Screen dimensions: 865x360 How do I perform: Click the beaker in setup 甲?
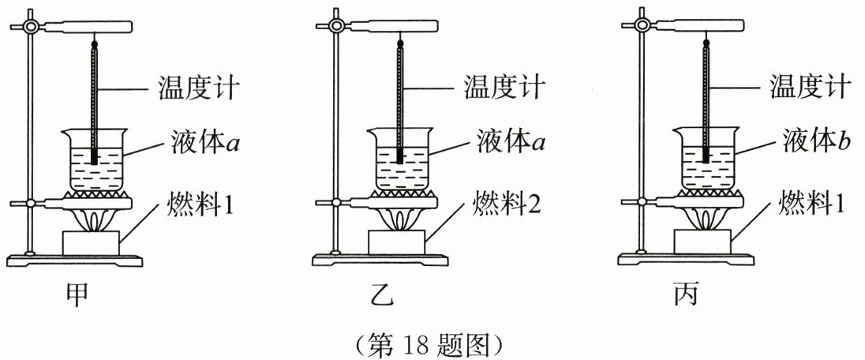94,162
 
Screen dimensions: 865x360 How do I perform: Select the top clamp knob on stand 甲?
32,26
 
